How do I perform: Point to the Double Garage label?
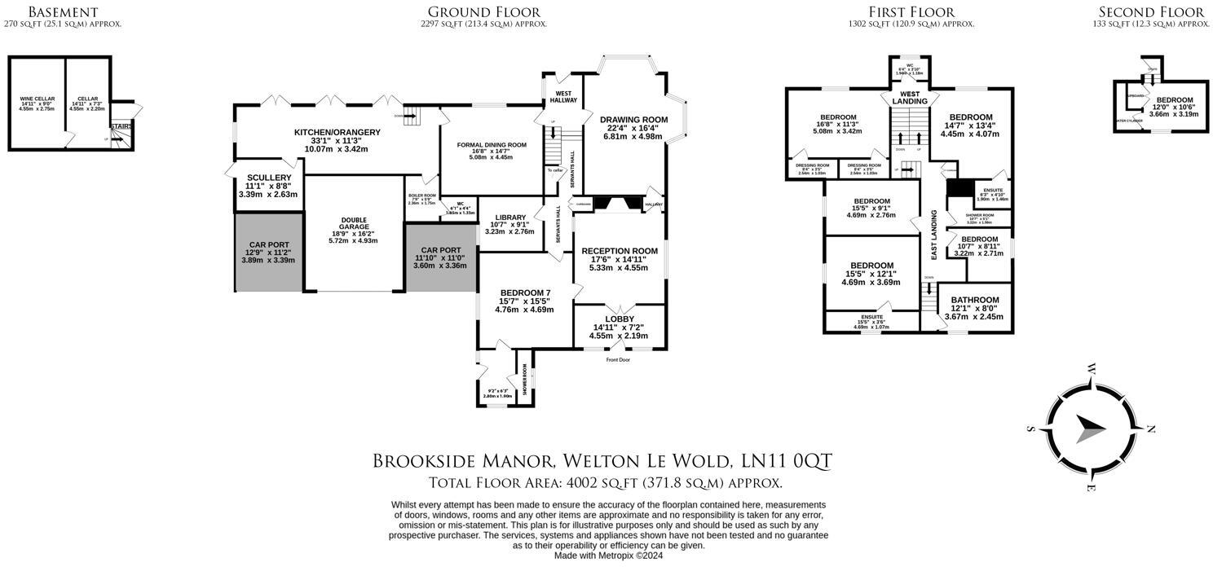coord(354,220)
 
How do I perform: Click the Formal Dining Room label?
coord(491,145)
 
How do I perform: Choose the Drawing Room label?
coord(633,120)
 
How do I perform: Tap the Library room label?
coord(509,218)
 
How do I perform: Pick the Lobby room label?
coord(620,319)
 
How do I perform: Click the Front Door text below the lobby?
coord(620,359)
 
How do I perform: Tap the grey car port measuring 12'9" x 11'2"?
coord(268,252)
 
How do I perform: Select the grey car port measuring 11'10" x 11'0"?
coord(440,257)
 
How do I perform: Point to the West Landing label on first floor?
coord(909,97)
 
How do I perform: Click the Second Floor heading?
coord(1150,11)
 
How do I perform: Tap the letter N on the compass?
coord(1151,429)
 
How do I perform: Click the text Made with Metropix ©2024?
coord(607,556)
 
